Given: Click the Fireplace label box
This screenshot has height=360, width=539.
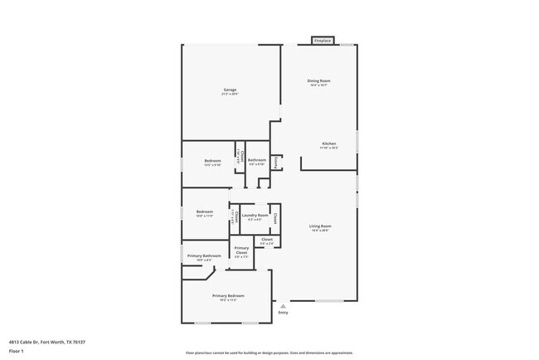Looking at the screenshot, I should coord(323,40).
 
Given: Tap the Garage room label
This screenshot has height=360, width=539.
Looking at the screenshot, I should coord(230,90).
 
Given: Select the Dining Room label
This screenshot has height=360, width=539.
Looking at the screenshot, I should coord(318,80).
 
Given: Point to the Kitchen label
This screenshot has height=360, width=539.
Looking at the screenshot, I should coord(328,144).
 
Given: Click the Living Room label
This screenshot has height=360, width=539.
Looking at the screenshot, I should coord(320,226).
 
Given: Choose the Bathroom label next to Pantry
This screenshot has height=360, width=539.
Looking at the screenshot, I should coord(257,159).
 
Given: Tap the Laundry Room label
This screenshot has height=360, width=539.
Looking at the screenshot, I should coord(255,215).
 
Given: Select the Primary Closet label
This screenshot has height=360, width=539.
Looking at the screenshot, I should coord(241,250).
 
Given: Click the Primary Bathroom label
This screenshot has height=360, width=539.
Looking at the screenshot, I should coord(203,255).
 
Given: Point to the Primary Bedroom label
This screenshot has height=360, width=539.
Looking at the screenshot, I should coord(228,295).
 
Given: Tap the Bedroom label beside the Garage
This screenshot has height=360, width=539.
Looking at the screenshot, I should coord(212,160).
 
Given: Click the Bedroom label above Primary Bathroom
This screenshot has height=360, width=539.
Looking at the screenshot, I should coord(205,212).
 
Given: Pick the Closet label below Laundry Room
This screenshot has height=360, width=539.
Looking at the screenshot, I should coord(267,239).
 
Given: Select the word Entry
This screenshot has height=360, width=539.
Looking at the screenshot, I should coord(283,312).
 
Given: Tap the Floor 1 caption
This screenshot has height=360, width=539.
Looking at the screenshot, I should coord(16,351).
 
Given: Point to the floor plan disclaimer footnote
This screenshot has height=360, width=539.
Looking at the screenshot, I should coord(269,351).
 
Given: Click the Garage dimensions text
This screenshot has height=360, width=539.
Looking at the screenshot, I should coord(230,95).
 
